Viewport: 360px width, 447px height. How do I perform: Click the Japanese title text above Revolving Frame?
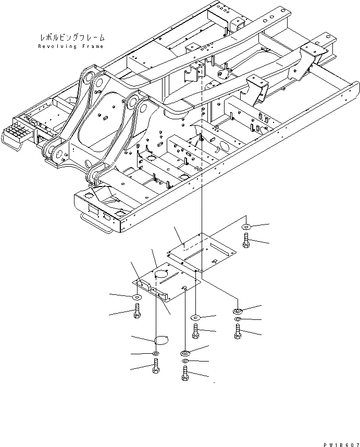click(x=72, y=38)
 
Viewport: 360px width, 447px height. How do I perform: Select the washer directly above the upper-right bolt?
click(x=246, y=228)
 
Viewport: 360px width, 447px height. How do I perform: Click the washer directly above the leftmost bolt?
click(x=137, y=297)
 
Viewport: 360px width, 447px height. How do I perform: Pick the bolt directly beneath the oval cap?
click(x=156, y=367)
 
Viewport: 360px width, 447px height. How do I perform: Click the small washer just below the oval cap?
click(x=156, y=354)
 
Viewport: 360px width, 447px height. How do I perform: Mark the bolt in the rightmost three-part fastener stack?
click(x=238, y=331)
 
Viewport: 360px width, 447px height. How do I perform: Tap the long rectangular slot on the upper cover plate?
click(x=201, y=251)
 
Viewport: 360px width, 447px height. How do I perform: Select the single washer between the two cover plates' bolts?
click(x=195, y=317)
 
